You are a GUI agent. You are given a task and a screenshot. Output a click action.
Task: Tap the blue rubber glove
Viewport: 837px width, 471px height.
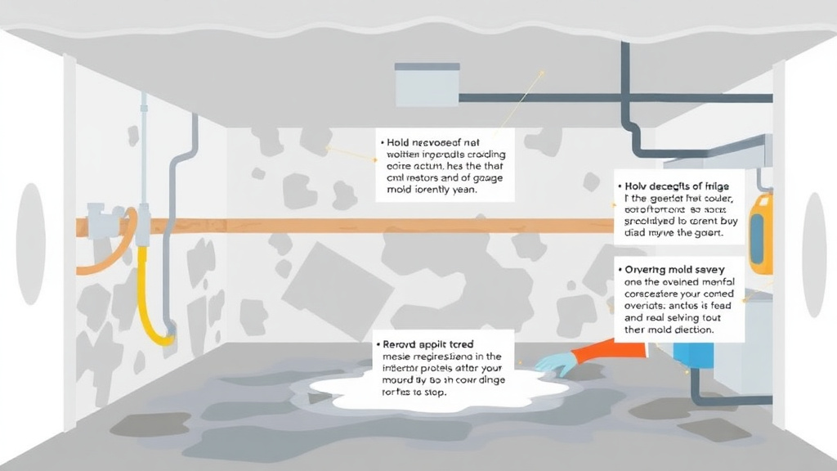point(557,363)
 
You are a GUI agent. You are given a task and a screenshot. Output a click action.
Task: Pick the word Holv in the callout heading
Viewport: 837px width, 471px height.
point(639,186)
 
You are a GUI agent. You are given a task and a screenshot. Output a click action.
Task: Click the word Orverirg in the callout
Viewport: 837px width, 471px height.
point(647,269)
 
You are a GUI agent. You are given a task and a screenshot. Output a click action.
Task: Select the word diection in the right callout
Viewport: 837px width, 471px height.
point(691,330)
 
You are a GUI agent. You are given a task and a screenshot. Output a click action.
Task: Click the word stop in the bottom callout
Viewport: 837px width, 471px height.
point(433,392)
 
